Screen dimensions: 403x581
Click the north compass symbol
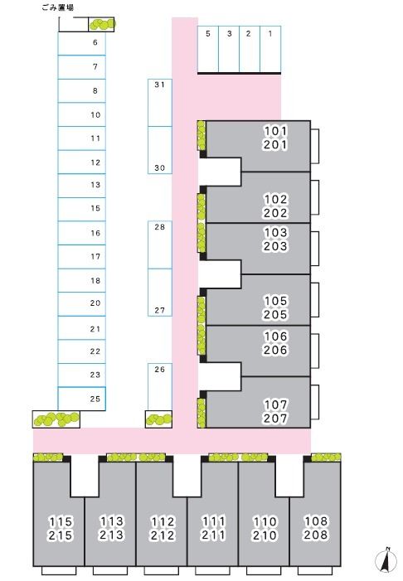coord(386,560)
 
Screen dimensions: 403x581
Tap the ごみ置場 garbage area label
coord(57,7)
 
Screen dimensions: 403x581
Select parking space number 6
coord(82,43)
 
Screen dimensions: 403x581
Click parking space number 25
coord(82,399)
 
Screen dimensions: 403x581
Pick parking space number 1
coord(270,49)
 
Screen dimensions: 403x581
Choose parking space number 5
coord(208,49)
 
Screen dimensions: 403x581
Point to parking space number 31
coord(160,103)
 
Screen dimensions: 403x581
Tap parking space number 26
coord(160,386)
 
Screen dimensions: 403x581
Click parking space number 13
coord(82,186)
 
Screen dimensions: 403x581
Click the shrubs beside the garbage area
coord(102,24)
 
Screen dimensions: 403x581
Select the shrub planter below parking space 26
coord(158,419)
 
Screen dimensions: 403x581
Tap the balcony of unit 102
coord(315,197)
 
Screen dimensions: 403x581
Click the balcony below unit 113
coord(110,570)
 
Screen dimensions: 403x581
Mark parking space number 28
coord(160,245)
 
